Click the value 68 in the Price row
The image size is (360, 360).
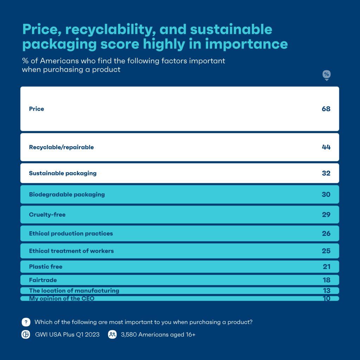click(x=326, y=109)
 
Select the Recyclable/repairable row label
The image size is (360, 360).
click(x=61, y=147)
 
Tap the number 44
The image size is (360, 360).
click(x=326, y=147)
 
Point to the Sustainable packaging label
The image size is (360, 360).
click(x=63, y=173)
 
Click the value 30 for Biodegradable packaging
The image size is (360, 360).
click(x=326, y=194)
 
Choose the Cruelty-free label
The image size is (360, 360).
click(x=47, y=214)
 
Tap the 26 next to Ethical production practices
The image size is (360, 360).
click(x=326, y=233)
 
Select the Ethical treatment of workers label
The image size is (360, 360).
click(x=71, y=251)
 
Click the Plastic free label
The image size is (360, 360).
click(x=46, y=267)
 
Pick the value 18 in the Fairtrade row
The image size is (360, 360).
click(x=326, y=280)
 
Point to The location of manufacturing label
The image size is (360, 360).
click(x=74, y=291)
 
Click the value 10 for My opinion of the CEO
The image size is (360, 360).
click(x=326, y=299)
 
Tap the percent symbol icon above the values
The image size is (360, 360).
click(x=327, y=75)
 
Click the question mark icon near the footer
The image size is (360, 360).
click(x=26, y=322)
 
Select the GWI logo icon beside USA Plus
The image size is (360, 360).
click(x=26, y=335)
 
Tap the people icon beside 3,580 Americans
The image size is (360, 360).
click(x=112, y=335)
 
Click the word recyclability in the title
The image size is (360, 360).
click(x=110, y=30)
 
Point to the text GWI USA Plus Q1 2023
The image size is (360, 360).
click(x=67, y=335)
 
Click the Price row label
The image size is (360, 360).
click(x=37, y=109)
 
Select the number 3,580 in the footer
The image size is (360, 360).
click(x=129, y=335)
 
